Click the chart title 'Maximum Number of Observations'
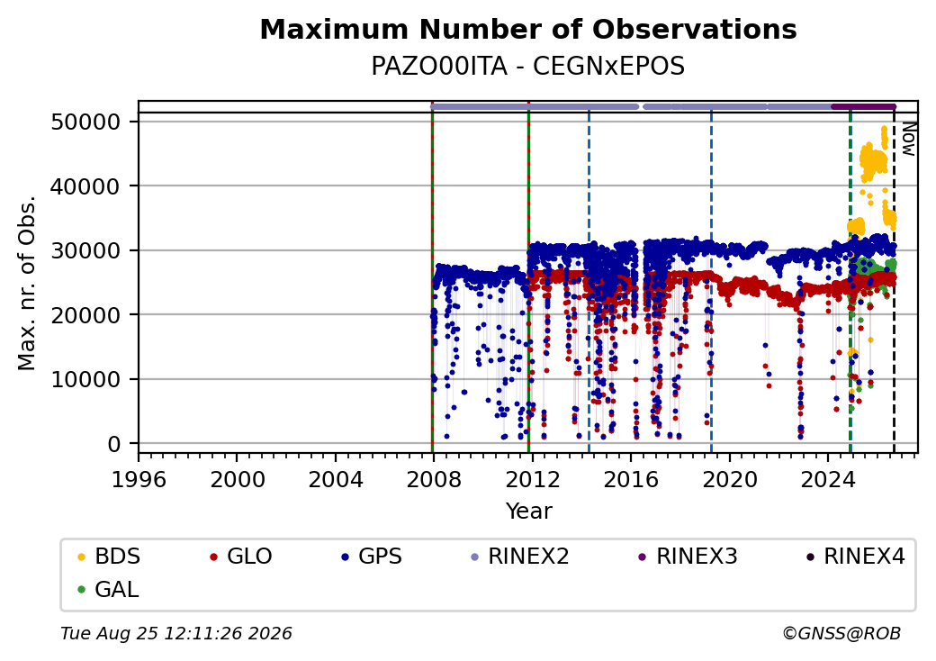pyautogui.click(x=528, y=29)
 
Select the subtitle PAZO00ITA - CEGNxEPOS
pyautogui.click(x=528, y=67)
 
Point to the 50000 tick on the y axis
pyautogui.click(x=86, y=122)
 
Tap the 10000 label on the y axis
pyautogui.click(x=86, y=379)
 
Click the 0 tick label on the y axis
pyautogui.click(x=114, y=444)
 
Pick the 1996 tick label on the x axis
pyautogui.click(x=139, y=479)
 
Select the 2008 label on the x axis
pyautogui.click(x=434, y=479)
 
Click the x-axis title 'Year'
pyautogui.click(x=529, y=512)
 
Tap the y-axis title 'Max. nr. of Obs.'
pyautogui.click(x=27, y=283)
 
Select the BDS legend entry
pyautogui.click(x=109, y=557)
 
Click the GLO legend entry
pyautogui.click(x=241, y=557)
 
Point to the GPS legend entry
pyautogui.click(x=372, y=557)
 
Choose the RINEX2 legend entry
pyautogui.click(x=520, y=557)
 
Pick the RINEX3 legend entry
pyautogui.click(x=688, y=557)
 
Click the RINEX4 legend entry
pyautogui.click(x=855, y=557)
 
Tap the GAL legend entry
pyautogui.click(x=108, y=589)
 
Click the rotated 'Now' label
pyautogui.click(x=908, y=139)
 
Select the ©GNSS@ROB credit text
pyautogui.click(x=841, y=633)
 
